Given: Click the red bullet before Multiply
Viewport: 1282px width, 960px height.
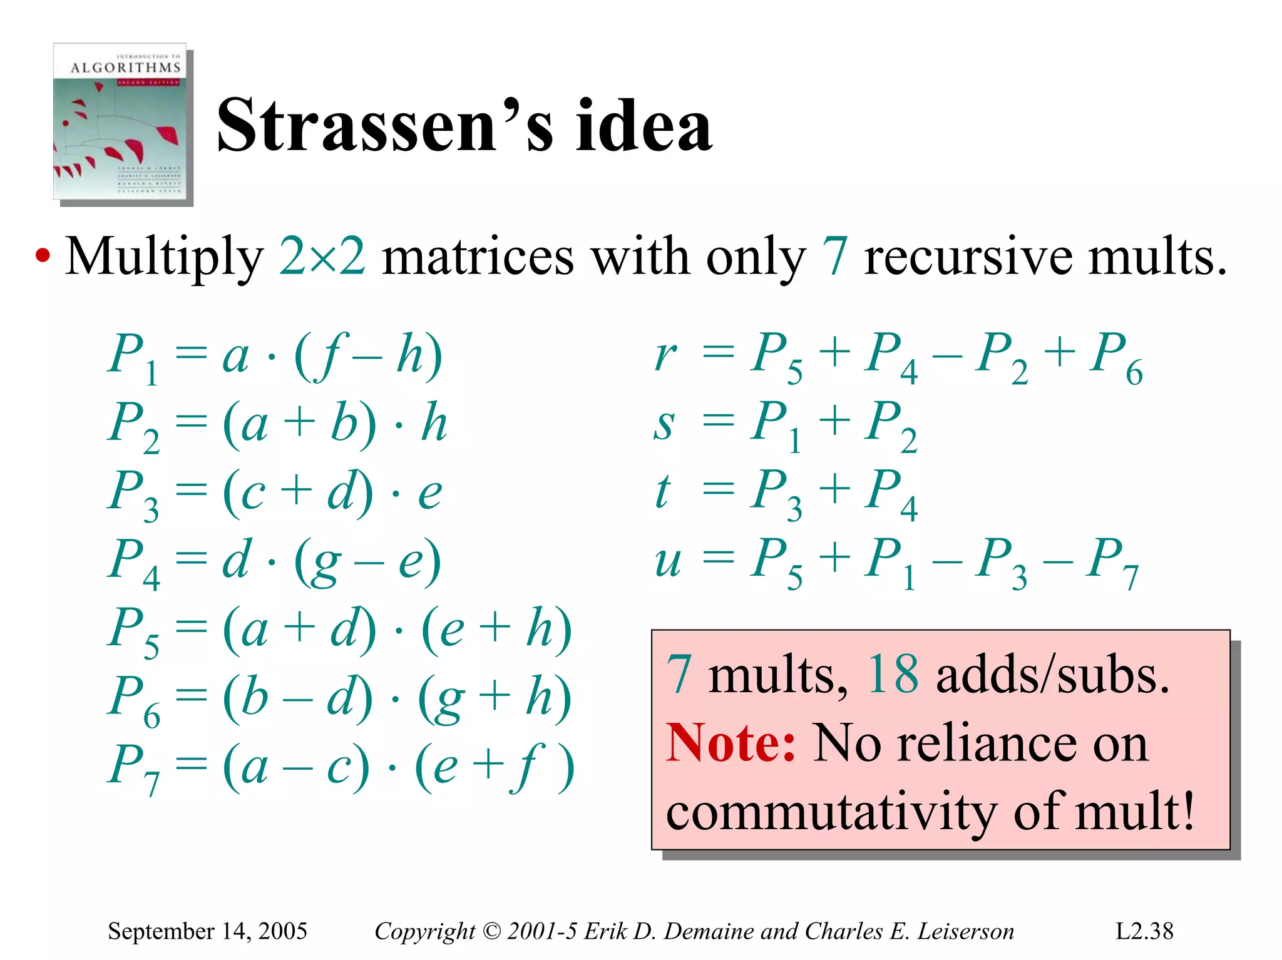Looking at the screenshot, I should (42, 257).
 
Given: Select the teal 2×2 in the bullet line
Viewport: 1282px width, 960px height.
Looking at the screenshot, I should (322, 257).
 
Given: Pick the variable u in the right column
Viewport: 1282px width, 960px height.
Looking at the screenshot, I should (667, 560).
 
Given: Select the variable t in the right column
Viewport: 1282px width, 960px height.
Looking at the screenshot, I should (663, 491).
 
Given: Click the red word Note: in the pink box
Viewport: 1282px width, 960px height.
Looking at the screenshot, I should (730, 743).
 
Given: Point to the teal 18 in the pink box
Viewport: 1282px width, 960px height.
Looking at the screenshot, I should (893, 675).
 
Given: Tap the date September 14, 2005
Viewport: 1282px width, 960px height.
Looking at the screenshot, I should (207, 931).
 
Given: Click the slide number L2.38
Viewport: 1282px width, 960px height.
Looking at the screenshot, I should (1144, 931).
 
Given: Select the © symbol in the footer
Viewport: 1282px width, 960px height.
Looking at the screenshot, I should (492, 931).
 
